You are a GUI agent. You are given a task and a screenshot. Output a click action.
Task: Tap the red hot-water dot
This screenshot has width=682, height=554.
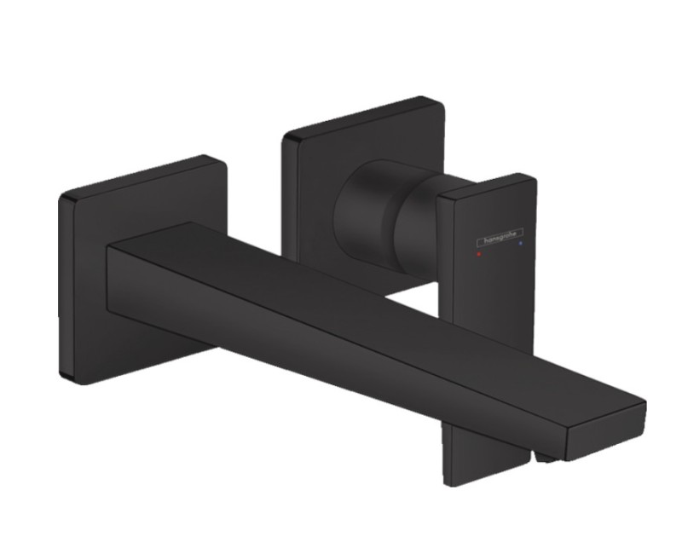click(x=480, y=253)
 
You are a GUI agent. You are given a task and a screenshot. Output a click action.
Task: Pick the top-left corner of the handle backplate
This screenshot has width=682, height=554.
click(x=286, y=139)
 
